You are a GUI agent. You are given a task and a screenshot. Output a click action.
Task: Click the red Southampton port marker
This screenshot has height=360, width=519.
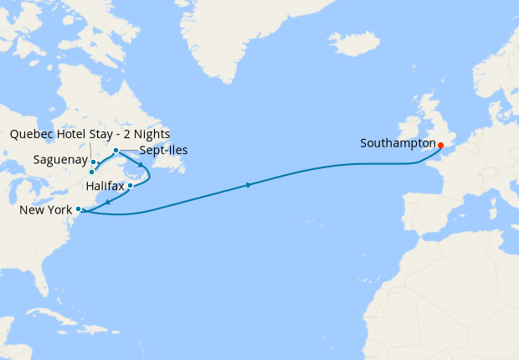tap(440, 145)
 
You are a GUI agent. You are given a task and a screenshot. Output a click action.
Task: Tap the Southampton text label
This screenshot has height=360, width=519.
tap(398, 143)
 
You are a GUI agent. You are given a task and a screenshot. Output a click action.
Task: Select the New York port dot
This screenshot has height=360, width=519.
tap(78, 209)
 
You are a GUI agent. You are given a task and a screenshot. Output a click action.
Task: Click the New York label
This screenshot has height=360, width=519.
tap(45, 209)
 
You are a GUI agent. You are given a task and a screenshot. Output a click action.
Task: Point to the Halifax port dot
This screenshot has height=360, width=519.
tap(131, 186)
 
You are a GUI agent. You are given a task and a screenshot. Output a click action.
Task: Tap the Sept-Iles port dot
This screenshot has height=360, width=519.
tap(116, 151)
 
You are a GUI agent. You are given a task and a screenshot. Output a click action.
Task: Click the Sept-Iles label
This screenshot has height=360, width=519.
tap(164, 151)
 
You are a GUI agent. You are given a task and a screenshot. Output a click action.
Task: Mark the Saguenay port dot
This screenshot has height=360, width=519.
tap(93, 162)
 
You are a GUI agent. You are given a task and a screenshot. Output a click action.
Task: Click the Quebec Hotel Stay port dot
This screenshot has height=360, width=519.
tap(91, 172)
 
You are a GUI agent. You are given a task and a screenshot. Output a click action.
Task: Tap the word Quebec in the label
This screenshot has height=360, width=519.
tap(33, 134)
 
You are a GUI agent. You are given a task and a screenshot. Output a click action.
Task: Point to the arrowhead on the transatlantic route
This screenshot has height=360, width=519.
tap(249, 185)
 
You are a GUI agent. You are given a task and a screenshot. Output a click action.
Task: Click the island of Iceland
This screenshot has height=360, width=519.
tap(352, 43)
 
